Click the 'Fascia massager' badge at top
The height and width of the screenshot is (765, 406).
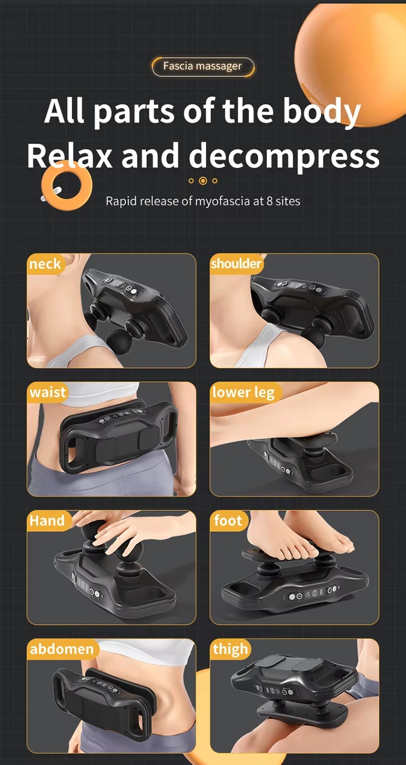202,67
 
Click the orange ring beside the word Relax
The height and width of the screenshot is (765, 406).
67,185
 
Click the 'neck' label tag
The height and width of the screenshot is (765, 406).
45,264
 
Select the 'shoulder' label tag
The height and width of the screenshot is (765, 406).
237,264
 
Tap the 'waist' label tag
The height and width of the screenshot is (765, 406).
48,392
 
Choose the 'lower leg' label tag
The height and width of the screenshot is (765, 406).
244,392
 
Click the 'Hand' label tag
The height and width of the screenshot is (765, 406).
47,521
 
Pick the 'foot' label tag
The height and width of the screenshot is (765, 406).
228,521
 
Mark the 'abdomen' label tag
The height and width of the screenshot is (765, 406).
62,649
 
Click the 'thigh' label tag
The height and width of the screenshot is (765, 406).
231,649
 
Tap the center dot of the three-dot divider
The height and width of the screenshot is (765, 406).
203,181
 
